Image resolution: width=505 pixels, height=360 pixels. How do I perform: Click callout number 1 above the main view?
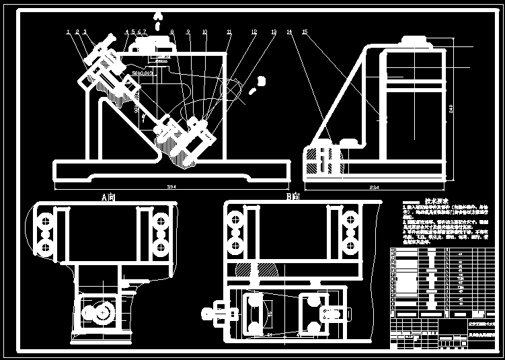[x=69, y=32]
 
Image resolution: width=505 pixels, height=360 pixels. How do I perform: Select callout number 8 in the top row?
[x=172, y=32]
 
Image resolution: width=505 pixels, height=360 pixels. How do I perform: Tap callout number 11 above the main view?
[x=229, y=32]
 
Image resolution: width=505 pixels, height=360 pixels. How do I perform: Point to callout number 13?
[x=274, y=32]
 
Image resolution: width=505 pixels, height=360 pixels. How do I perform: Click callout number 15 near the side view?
[x=305, y=32]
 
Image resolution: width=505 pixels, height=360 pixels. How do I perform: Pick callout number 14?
[x=289, y=32]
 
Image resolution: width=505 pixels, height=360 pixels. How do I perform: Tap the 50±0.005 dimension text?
[x=143, y=72]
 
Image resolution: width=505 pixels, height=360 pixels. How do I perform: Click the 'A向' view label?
[x=108, y=198]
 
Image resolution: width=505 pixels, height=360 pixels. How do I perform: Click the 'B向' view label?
[x=292, y=198]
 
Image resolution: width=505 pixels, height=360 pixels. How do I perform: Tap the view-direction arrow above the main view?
[x=157, y=16]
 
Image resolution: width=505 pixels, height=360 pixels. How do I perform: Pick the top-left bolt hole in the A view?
[x=45, y=219]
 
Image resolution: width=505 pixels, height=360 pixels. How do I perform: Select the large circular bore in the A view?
[x=102, y=314]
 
